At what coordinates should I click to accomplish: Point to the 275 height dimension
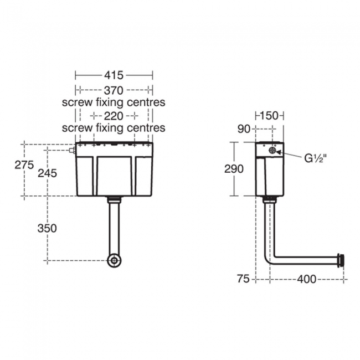24,165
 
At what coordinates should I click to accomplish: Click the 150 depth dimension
270,115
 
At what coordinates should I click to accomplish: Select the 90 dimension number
244,129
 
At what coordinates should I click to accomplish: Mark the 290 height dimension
234,169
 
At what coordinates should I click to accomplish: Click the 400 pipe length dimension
306,279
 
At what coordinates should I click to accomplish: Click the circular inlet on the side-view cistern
272,150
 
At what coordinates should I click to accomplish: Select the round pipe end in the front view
115,260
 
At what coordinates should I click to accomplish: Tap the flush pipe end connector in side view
341,259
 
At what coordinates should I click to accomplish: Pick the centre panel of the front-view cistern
115,174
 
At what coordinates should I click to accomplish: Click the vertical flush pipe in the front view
114,227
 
